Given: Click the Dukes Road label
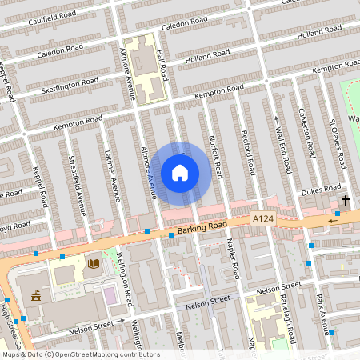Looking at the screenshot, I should (x=322, y=192).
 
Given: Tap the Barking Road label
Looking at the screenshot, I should (x=201, y=229).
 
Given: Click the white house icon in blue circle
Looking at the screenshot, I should (x=180, y=173).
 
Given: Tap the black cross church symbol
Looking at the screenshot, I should (x=346, y=200).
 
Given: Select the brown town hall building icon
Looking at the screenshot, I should (x=35, y=295).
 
